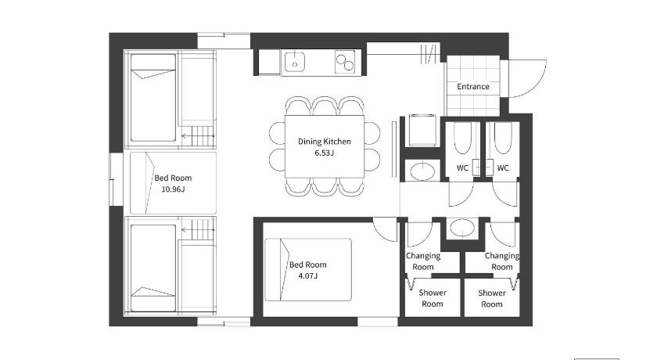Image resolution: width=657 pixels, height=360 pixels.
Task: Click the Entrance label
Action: pyautogui.click(x=473, y=86)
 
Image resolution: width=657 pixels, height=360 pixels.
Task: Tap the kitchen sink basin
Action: pyautogui.click(x=295, y=63)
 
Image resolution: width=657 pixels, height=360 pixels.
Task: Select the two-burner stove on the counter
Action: pyautogui.click(x=345, y=62)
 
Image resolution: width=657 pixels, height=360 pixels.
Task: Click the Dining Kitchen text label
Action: pyautogui.click(x=325, y=141)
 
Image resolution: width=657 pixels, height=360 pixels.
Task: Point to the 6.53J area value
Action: pyautogui.click(x=325, y=153)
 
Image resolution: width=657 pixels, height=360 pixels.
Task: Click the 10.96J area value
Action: pyautogui.click(x=173, y=189)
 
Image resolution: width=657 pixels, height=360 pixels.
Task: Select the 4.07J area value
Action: pyautogui.click(x=308, y=275)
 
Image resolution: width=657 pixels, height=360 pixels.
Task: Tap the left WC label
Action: pyautogui.click(x=462, y=168)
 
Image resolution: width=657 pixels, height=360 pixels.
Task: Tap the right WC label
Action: pyautogui.click(x=503, y=168)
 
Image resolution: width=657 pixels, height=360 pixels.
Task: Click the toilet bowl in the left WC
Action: pyautogui.click(x=463, y=139)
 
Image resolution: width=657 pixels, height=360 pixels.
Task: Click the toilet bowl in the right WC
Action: pyautogui.click(x=503, y=139)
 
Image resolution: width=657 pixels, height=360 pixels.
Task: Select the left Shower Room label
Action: pyautogui.click(x=433, y=298)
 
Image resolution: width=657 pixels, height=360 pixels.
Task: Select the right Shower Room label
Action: pyautogui.click(x=491, y=298)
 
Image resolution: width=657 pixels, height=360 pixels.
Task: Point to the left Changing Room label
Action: pyautogui.click(x=423, y=261)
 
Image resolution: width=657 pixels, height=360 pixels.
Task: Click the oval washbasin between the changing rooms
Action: pyautogui.click(x=462, y=229)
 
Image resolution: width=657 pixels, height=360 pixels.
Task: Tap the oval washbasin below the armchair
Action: pyautogui.click(x=422, y=171)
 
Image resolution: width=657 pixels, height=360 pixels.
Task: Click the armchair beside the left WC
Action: pyautogui.click(x=422, y=130)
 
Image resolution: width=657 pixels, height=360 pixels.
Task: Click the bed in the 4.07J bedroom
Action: pyautogui.click(x=308, y=269)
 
